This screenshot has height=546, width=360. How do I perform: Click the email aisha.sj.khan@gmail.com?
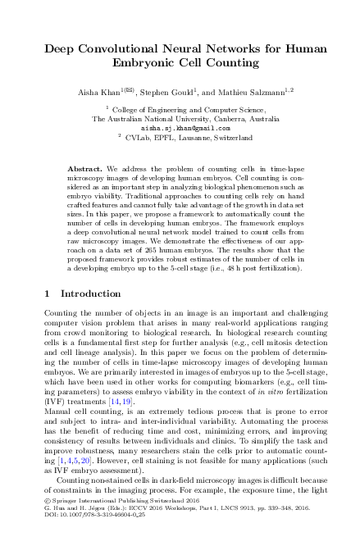(x=180, y=128)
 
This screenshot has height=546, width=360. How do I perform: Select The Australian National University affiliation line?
(x=180, y=118)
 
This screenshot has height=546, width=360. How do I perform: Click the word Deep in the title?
(x=62, y=49)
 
